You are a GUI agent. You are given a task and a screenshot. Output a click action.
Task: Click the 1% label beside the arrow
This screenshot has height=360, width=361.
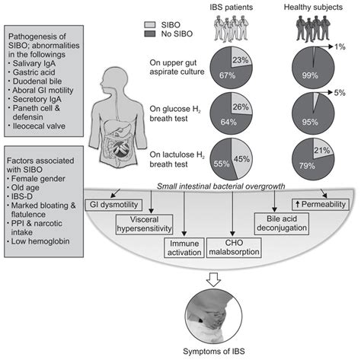point(350,47)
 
